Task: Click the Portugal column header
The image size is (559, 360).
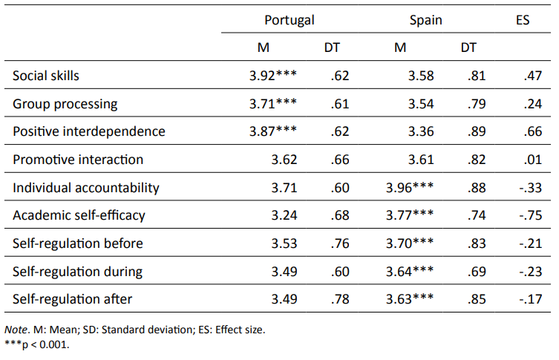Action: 290,20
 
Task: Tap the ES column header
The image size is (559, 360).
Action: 522,20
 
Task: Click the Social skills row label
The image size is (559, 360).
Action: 46,76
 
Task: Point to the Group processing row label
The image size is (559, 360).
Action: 65,104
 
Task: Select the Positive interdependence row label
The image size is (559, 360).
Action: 89,131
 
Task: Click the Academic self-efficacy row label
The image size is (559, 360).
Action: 79,216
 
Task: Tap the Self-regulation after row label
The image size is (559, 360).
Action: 71,300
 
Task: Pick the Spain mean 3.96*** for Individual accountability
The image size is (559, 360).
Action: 411,188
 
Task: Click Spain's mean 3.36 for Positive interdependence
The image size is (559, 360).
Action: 422,131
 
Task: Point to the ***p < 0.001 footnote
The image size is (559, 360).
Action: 42,344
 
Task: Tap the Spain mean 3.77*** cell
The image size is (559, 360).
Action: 411,216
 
